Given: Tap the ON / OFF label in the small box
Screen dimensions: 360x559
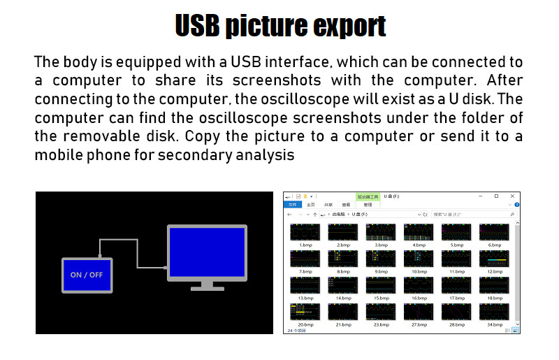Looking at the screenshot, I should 87,275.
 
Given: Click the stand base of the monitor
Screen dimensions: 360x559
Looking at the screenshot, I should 207,287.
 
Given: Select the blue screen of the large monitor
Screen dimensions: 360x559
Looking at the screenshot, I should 207,251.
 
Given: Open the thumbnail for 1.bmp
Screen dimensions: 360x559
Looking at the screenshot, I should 305,231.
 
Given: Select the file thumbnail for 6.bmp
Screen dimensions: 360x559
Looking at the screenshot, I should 494,231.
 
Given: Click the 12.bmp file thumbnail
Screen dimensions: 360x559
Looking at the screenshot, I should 494,258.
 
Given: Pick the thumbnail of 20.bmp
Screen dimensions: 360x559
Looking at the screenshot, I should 305,312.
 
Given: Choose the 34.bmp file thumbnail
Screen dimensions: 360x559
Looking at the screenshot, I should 494,312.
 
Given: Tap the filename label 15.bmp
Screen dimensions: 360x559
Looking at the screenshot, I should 381,298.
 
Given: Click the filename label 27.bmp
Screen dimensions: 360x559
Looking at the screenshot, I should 419,324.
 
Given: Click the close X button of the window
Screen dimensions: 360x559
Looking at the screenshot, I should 514,196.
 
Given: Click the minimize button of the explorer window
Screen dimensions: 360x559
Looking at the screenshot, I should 479,196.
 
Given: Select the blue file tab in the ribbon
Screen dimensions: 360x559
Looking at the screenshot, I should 293,205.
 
